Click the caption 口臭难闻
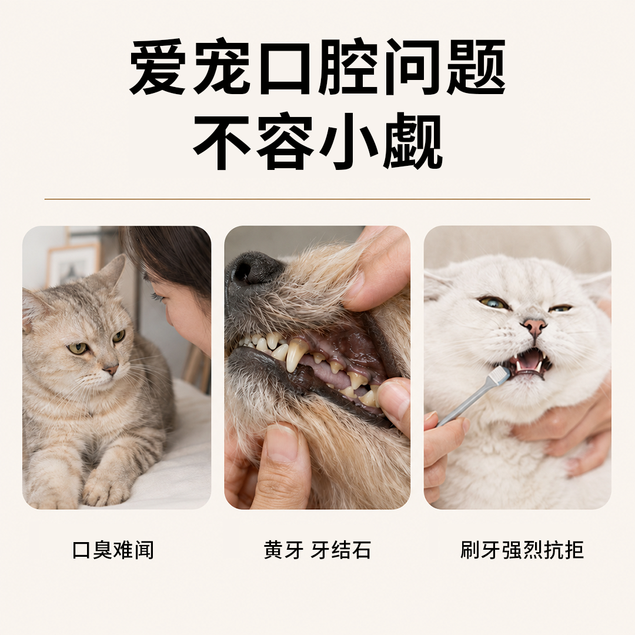[113, 550]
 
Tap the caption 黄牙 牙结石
[317, 550]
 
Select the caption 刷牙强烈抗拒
[522, 550]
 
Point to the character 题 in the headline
[477, 67]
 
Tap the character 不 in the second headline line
[222, 141]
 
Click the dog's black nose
[252, 269]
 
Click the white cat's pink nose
[534, 325]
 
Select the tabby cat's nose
[111, 369]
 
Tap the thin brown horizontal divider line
[317, 199]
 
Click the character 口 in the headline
[286, 67]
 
